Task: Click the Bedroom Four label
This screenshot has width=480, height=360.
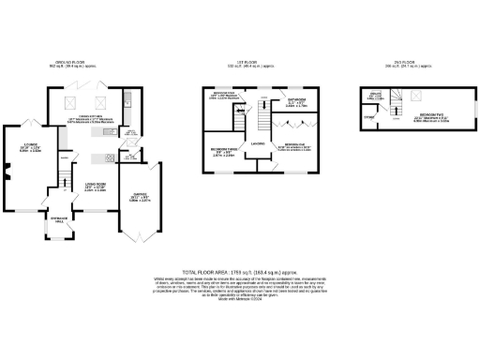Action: pos(220,97)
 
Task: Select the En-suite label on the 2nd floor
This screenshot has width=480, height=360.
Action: pos(375,97)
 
